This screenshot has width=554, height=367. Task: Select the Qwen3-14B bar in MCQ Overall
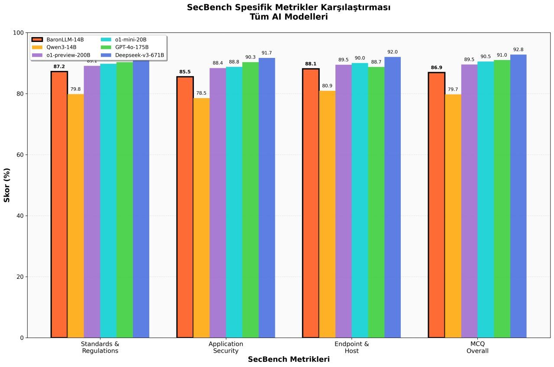pos(453,216)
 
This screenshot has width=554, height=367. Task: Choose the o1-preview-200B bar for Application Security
pos(218,203)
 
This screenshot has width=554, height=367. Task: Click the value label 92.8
pos(518,50)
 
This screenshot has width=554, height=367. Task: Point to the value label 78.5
pos(201,93)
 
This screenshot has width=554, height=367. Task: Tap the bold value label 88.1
pos(310,64)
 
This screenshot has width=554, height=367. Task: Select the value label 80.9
pos(327,86)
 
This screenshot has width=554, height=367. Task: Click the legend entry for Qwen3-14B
pos(62,47)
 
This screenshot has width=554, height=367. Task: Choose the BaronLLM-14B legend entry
pos(65,39)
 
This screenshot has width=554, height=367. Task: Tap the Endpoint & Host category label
pos(351,348)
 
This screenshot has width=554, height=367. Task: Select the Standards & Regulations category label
pos(100,348)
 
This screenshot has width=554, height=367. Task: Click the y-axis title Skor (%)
pos(7,185)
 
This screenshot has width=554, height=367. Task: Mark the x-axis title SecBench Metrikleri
pos(289,360)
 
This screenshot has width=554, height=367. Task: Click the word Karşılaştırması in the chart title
pos(354,7)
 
